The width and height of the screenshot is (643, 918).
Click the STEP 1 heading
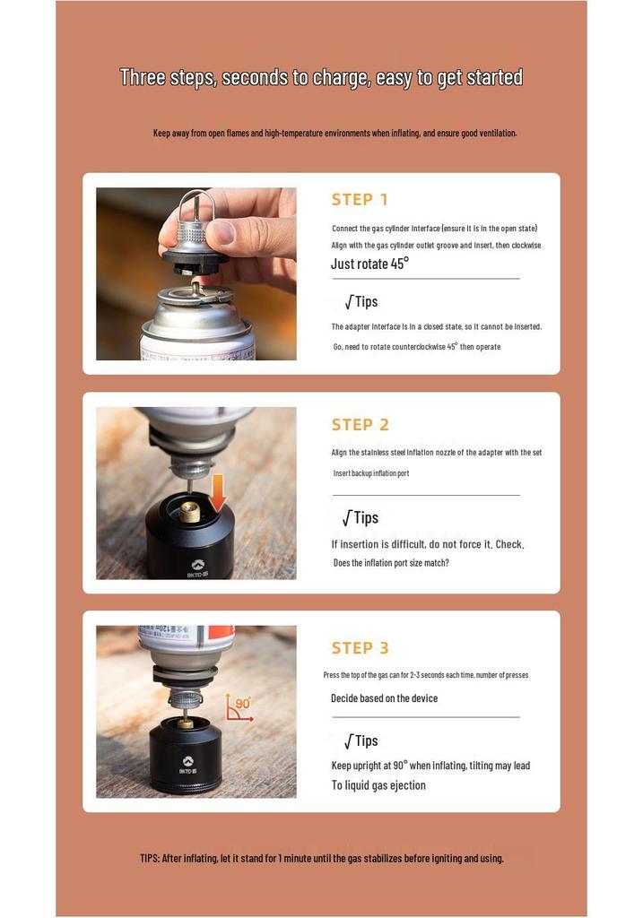coord(360,200)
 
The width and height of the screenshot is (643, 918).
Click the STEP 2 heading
coord(361,424)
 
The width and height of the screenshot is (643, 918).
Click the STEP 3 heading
coord(361,648)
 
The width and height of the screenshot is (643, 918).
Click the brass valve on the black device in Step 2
coord(189,511)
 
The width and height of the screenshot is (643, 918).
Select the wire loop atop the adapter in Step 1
coord(197,205)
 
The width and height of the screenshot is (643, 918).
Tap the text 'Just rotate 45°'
coord(369,264)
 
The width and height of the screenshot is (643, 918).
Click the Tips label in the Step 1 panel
coord(361,301)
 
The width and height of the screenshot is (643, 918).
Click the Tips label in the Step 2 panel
coord(361,517)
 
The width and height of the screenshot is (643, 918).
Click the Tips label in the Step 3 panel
coord(361,740)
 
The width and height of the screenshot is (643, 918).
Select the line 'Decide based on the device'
coord(384,697)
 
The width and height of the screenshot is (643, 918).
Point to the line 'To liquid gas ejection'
coord(378,785)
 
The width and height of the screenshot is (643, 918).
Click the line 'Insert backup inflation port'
coord(371,473)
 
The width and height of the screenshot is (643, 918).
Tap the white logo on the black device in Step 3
coord(187,760)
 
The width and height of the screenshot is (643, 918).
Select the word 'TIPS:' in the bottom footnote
coord(150,858)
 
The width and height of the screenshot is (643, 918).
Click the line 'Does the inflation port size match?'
coord(391,563)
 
